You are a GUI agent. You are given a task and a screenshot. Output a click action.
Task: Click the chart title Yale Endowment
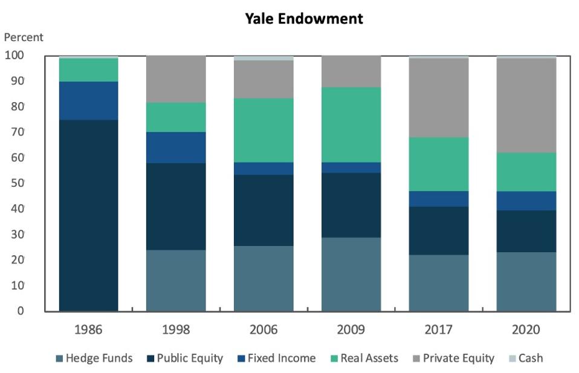(x=303, y=19)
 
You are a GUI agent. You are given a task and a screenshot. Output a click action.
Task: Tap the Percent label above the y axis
(x=24, y=37)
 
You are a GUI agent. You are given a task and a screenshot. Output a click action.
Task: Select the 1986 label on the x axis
(x=88, y=330)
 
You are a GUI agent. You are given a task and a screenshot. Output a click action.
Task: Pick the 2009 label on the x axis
(x=351, y=330)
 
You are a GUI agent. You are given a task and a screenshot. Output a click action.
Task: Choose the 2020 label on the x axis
(x=526, y=330)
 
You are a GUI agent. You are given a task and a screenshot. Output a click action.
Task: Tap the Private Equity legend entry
(x=458, y=358)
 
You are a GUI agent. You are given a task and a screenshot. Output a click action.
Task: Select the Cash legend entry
(x=529, y=358)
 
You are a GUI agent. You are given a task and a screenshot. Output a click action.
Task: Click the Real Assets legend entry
(x=369, y=358)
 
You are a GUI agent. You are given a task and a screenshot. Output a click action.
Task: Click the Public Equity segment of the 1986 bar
(x=88, y=215)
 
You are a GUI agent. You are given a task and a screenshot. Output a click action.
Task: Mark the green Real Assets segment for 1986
(x=88, y=70)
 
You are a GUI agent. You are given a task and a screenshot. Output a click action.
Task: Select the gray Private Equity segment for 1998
(x=176, y=79)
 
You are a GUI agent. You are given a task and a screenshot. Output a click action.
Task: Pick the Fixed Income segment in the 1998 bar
(x=176, y=148)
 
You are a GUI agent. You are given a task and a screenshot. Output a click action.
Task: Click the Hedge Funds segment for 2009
(x=351, y=274)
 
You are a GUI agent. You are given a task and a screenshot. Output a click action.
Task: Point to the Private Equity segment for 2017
(x=438, y=98)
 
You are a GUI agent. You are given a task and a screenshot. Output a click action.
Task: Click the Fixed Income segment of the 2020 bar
(x=526, y=201)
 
